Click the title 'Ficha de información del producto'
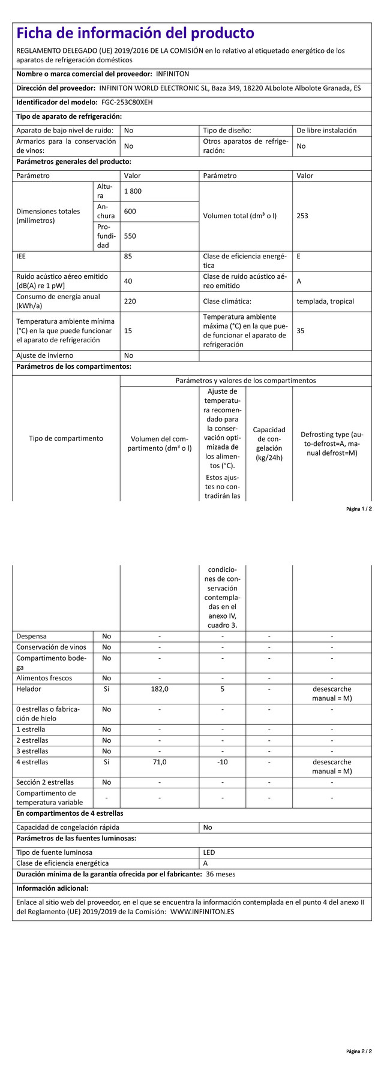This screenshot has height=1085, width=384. coord(135,33)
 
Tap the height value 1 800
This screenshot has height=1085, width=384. coord(133,191)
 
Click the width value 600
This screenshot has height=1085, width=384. coord(130,212)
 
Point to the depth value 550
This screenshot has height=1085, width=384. coord(130,236)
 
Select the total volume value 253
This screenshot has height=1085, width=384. coord(302,216)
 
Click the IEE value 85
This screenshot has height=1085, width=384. coord(128,257)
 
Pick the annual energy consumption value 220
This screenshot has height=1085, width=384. coord(130,302)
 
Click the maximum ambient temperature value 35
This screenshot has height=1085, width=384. coord(301,330)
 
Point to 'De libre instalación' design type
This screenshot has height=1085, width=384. coord(326,130)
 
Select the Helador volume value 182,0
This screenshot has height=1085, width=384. coord(160,689)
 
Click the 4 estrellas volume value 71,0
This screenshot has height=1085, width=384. coord(160,762)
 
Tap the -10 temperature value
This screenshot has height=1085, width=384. coord(222,762)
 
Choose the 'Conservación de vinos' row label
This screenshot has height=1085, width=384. coord(51,647)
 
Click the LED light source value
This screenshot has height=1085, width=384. coord(209,852)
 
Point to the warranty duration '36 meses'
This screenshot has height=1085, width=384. coord(220,874)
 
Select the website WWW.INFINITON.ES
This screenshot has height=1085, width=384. coord(202,912)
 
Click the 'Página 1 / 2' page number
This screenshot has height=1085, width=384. coord(359,509)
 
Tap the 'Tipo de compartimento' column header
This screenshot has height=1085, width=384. coord(66,438)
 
